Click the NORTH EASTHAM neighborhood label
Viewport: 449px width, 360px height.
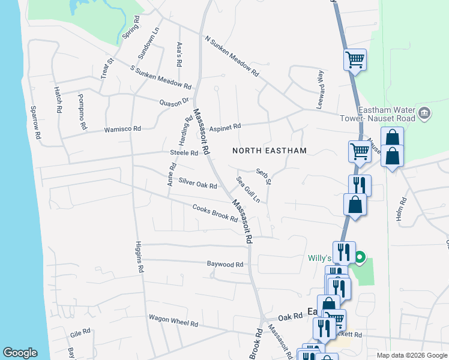[270, 151]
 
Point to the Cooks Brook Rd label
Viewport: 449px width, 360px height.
[215, 213]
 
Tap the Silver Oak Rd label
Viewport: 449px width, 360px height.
[197, 183]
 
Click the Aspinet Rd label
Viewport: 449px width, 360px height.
[225, 127]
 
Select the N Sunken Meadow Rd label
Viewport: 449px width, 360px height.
[231, 56]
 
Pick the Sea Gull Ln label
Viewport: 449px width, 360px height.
[248, 188]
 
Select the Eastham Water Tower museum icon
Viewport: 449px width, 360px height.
[424, 113]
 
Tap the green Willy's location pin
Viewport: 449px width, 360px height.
[360, 259]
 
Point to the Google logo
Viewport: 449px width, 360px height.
[20, 353]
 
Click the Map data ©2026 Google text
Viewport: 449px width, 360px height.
[411, 355]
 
